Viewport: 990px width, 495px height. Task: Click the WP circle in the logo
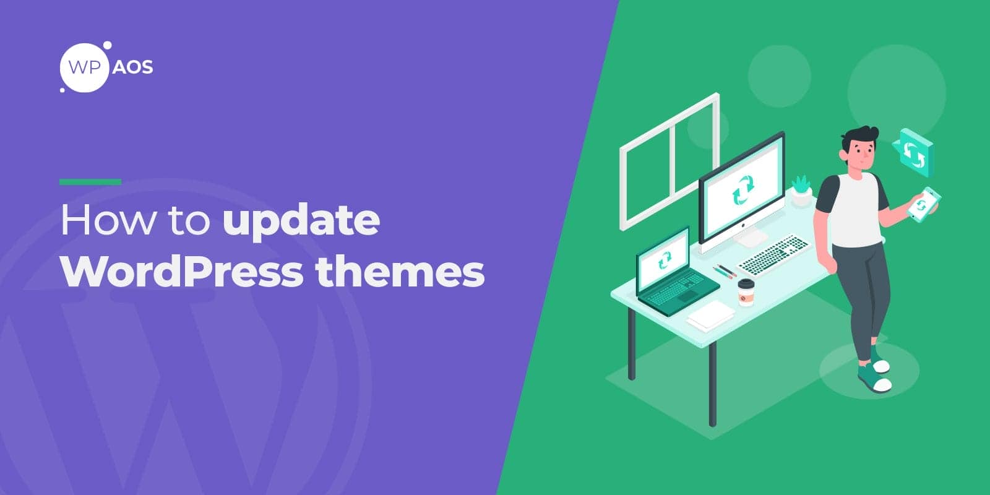85,67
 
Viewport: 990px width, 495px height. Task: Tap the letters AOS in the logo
132,67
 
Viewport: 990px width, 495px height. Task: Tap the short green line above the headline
90,182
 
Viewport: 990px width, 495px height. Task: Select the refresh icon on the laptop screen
665,260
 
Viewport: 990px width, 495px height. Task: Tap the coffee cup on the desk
746,293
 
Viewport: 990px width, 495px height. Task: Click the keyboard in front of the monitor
773,254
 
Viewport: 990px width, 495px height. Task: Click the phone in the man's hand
924,204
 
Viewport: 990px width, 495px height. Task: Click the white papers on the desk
710,315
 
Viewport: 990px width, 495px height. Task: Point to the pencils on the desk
725,271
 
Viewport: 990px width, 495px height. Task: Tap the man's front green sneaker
875,377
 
